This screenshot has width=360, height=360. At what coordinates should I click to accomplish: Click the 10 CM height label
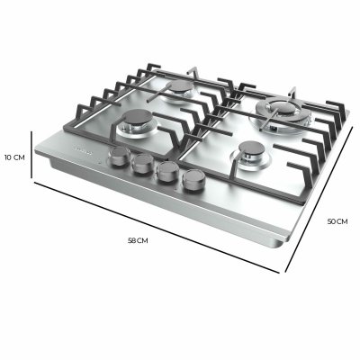coord(13,157)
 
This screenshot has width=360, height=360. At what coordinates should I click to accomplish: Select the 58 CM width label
coord(138,242)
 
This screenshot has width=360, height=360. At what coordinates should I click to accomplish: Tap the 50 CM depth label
coord(337,220)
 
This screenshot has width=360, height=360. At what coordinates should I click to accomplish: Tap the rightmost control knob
coord(191,180)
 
